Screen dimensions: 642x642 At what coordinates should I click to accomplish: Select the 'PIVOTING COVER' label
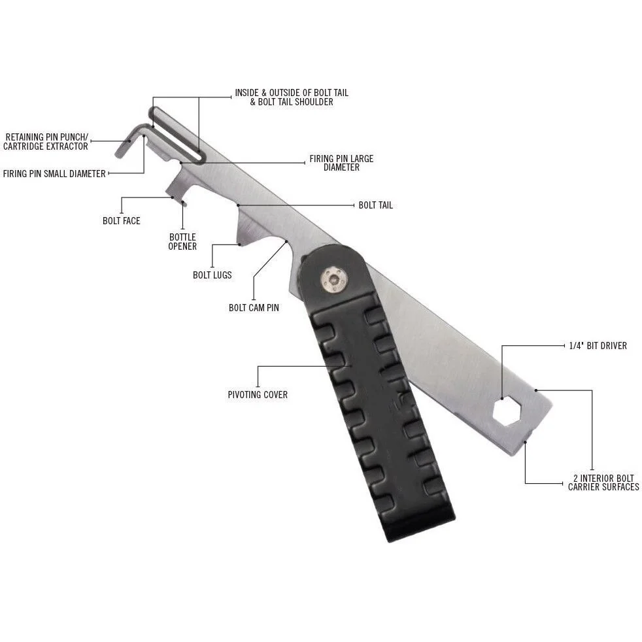(x=258, y=395)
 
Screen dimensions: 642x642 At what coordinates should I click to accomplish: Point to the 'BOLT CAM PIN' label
(x=254, y=307)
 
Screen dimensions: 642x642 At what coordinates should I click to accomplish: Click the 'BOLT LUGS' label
(x=212, y=275)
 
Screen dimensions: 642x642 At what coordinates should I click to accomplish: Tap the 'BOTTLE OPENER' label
(x=182, y=242)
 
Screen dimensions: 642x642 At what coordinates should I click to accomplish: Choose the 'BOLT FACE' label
(x=122, y=221)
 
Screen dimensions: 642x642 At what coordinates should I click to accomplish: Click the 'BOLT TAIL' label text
(x=375, y=205)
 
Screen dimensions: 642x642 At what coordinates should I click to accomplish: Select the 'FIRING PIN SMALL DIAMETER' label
(x=54, y=174)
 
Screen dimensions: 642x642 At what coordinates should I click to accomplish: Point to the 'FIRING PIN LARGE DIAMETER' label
(x=341, y=163)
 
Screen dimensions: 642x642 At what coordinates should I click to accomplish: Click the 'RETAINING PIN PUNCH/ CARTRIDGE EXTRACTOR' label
(x=46, y=142)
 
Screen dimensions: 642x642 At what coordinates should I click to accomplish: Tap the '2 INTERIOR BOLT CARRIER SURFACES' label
(x=603, y=482)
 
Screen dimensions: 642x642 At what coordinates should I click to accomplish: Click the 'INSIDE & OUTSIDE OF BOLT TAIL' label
(x=292, y=93)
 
